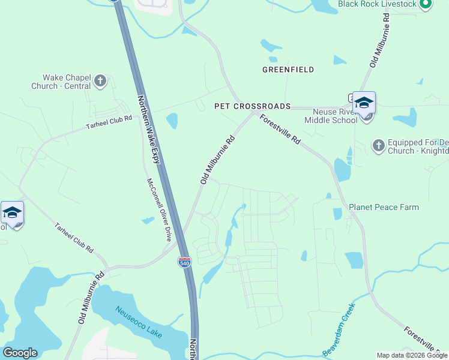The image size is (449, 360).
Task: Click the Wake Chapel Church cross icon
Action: [x=100, y=80]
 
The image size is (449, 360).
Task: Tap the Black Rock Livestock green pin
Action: [x=426, y=4]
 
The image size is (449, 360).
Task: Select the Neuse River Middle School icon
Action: [x=364, y=103]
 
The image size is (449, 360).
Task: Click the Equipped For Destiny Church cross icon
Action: [x=378, y=145]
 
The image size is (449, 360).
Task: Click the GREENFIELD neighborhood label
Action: [x=288, y=70]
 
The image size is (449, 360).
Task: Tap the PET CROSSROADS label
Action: [x=253, y=106]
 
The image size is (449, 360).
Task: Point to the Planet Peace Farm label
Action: [x=384, y=208]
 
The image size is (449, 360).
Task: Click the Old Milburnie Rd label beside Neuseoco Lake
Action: [x=91, y=298]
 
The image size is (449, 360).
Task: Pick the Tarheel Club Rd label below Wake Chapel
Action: [x=109, y=121]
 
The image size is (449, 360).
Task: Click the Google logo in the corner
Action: [x=20, y=353]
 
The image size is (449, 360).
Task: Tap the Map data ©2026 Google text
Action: [x=411, y=355]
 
